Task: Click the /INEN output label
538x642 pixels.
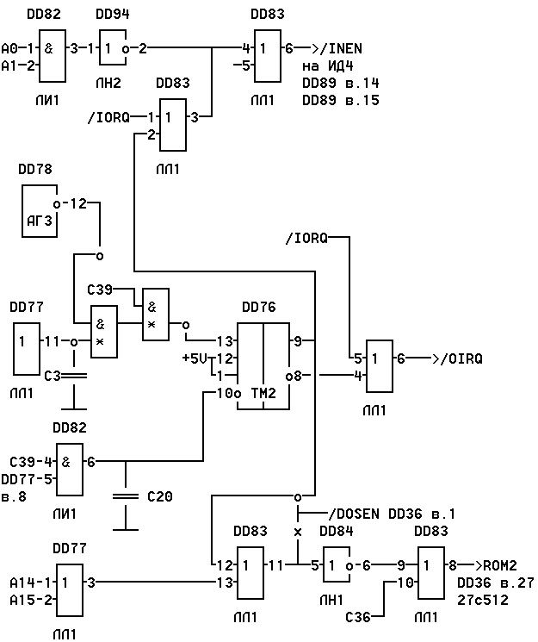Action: (341, 49)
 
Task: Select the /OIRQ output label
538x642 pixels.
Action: (461, 358)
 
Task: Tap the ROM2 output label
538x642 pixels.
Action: (500, 565)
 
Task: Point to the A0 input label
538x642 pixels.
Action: (9, 49)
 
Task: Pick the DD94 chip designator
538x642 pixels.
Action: (113, 15)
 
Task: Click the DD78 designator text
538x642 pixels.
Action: (35, 169)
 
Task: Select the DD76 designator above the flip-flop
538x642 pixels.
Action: (259, 307)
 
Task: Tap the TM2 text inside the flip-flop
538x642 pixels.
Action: (263, 393)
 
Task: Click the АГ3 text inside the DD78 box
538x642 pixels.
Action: (40, 221)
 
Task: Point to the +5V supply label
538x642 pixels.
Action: (195, 358)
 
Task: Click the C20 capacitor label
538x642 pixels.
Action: (160, 496)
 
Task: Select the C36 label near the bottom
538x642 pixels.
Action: (358, 617)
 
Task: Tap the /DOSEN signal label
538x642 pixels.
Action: (354, 514)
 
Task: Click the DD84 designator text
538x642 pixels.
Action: (337, 531)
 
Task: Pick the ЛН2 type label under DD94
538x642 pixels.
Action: (108, 83)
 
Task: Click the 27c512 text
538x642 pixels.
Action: (483, 600)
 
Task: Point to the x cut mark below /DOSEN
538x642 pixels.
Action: (298, 533)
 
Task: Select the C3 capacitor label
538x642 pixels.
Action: (53, 376)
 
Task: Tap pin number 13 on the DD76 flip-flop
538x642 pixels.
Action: (225, 341)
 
